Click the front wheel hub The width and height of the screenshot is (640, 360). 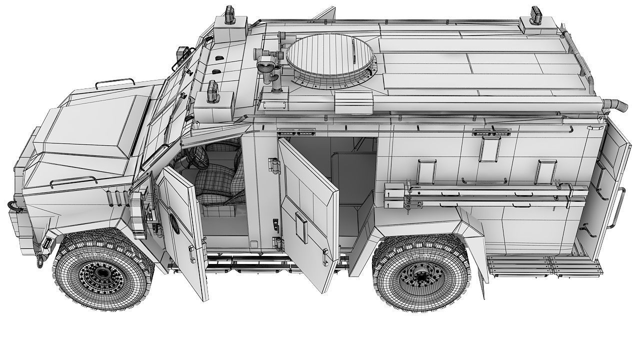102,272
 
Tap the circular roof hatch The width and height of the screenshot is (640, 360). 330,57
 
